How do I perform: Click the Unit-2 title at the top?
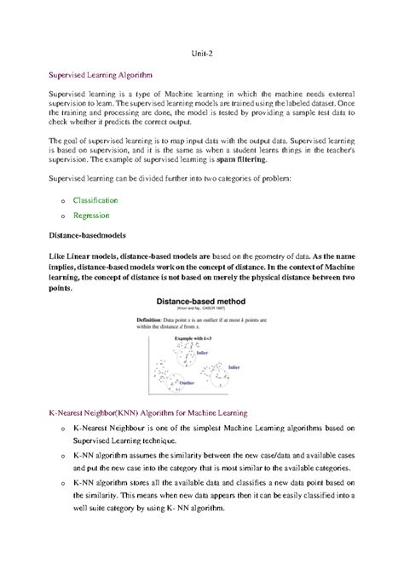point(201,53)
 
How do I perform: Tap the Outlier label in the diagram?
point(188,383)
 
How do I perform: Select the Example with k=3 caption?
point(198,338)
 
